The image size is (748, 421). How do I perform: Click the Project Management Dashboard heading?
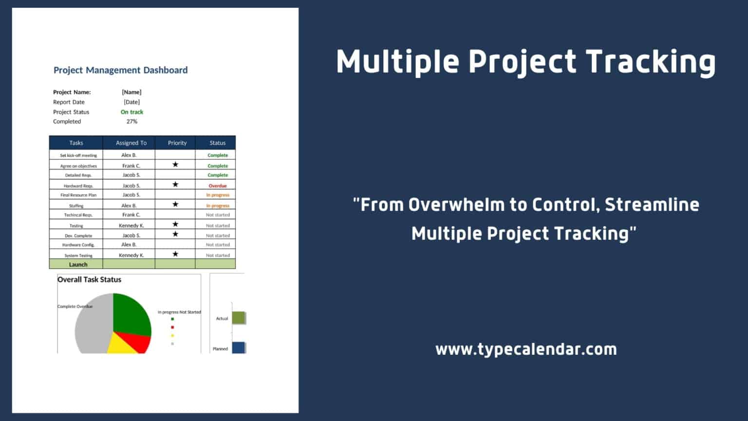point(121,70)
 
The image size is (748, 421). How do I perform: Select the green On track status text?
point(132,112)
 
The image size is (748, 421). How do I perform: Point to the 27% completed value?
point(132,122)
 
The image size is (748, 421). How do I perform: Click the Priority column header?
point(177,143)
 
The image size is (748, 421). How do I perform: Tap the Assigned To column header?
point(131,143)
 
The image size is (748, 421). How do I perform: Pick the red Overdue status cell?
point(218,186)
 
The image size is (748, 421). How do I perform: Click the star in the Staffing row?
point(175,204)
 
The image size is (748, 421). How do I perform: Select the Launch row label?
point(78,265)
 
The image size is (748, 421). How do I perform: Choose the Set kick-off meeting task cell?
point(78,155)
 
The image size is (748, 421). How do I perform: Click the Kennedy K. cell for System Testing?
point(131,255)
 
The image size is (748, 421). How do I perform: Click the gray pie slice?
point(94,324)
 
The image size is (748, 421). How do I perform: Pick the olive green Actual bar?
point(239,318)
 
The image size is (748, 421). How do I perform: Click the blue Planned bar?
point(239,347)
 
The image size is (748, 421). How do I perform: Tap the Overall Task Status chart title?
point(89,280)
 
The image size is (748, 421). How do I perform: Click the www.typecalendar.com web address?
point(526,349)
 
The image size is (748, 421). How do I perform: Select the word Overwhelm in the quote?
point(456,205)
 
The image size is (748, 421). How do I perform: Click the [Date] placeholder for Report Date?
point(132,102)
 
